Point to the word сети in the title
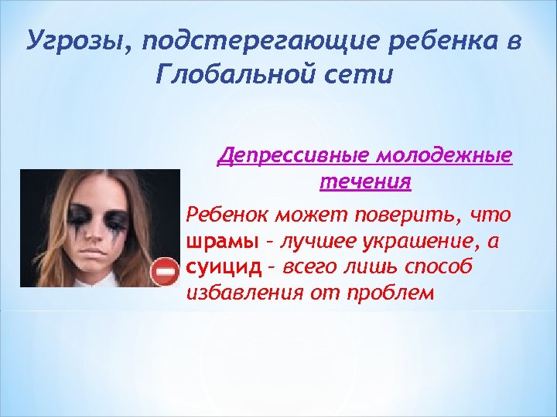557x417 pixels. click(361, 75)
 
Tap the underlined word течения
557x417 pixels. click(364, 183)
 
